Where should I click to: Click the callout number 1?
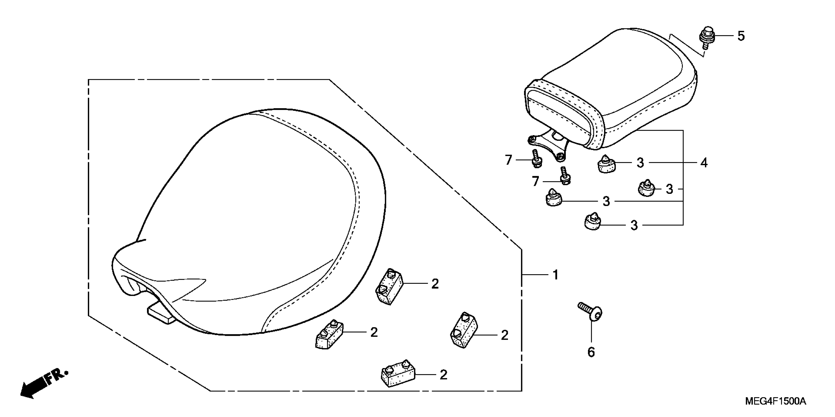click(556, 275)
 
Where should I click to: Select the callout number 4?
click(704, 163)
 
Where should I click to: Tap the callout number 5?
click(741, 36)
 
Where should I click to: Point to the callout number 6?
click(591, 352)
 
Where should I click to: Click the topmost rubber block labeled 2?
click(389, 286)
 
